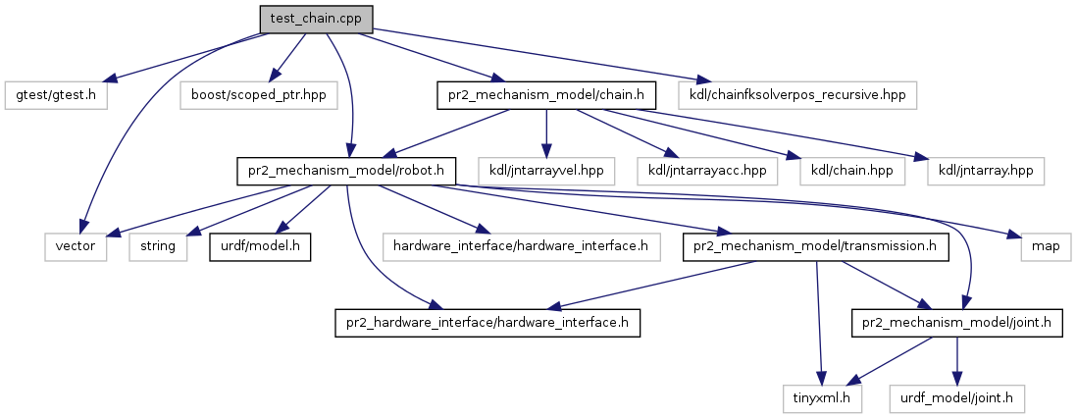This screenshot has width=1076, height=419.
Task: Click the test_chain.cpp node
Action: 317,18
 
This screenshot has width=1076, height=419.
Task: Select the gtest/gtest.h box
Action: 57,95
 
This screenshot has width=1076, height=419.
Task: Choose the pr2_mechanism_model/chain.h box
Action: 545,95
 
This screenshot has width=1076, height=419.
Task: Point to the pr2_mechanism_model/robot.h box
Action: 347,172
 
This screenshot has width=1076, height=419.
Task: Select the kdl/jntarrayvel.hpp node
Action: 546,172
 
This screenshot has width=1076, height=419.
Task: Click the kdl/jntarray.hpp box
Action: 986,172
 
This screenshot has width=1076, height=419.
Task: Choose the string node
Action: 157,247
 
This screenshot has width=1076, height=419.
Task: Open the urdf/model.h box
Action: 260,247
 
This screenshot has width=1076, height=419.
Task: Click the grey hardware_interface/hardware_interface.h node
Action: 521,247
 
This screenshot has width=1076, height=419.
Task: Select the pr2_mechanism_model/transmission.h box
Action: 816,247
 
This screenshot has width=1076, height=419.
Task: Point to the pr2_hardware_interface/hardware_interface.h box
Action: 487,323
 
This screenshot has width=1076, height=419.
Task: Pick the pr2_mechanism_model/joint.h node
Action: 956,323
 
